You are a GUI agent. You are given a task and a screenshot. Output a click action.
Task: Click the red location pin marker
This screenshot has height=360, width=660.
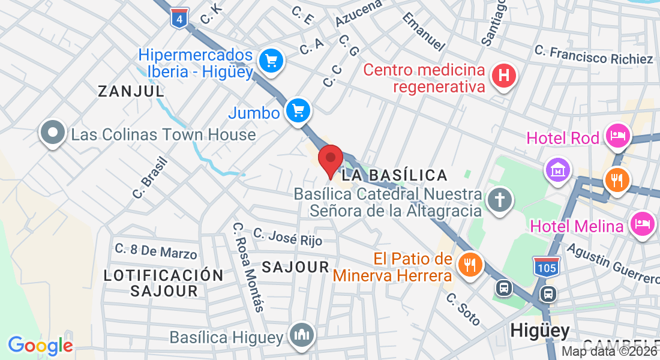[x=330, y=160]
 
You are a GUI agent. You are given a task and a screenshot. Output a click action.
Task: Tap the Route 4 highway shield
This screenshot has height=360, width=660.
[x=179, y=18]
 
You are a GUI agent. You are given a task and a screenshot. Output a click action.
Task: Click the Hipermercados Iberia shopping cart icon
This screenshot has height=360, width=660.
[x=271, y=61]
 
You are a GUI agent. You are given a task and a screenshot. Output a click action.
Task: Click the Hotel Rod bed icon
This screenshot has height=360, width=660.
[x=618, y=135]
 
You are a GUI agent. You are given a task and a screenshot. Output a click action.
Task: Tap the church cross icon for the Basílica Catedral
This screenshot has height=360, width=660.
[x=499, y=200]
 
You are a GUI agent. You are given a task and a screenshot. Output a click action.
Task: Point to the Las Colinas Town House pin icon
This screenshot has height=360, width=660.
[x=52, y=133]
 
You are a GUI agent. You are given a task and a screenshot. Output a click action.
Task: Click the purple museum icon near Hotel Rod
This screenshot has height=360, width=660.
[x=557, y=170]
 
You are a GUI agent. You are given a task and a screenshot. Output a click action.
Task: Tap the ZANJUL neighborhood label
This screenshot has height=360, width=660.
[x=131, y=91]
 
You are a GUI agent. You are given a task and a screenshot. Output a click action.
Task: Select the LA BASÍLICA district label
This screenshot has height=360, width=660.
[x=394, y=175]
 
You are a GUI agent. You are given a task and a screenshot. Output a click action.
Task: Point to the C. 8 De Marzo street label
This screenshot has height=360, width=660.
[x=156, y=251]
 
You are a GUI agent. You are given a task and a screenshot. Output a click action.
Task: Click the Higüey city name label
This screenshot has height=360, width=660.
[x=539, y=331]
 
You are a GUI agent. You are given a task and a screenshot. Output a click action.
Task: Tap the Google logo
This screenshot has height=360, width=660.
[x=40, y=346]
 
